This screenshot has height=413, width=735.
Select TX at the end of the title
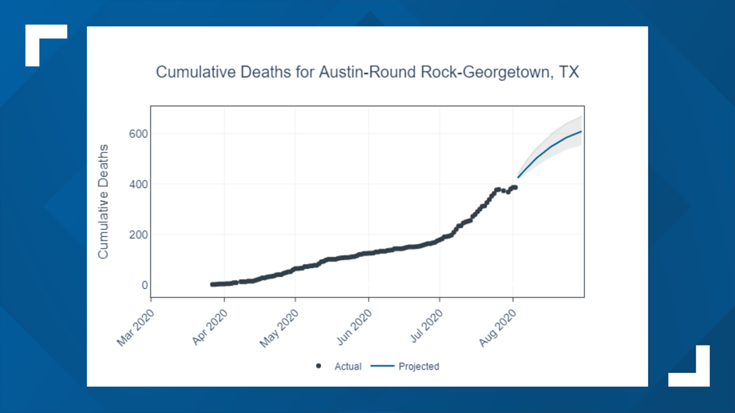pos(569,72)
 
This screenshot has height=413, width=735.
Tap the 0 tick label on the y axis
pos(144,285)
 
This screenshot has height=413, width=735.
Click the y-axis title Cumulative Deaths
pos(103,202)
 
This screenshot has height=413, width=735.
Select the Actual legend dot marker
pos(318,366)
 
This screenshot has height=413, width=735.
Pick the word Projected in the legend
pos(418,367)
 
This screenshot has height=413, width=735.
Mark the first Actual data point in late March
pos(213,284)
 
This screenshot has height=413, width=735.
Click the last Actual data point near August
pos(514,187)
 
